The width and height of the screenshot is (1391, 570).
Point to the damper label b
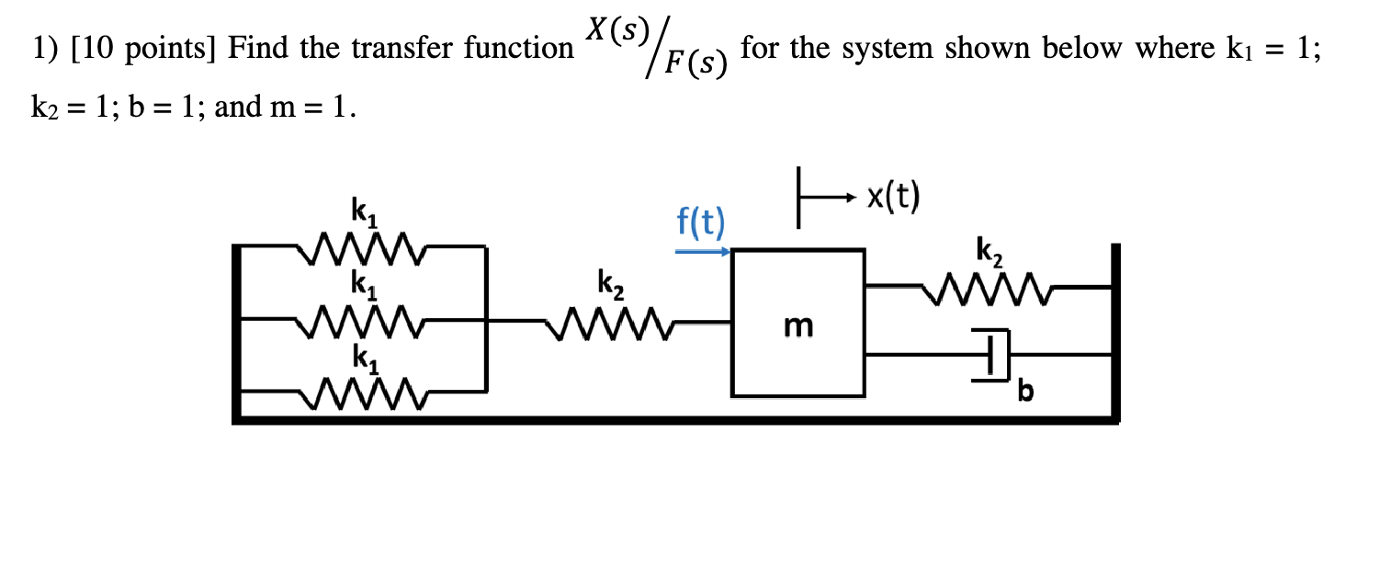1026,393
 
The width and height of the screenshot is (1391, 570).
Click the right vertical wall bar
1115,331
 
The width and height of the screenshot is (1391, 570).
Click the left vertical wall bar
237,331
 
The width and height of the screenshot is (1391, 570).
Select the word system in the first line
876,49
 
